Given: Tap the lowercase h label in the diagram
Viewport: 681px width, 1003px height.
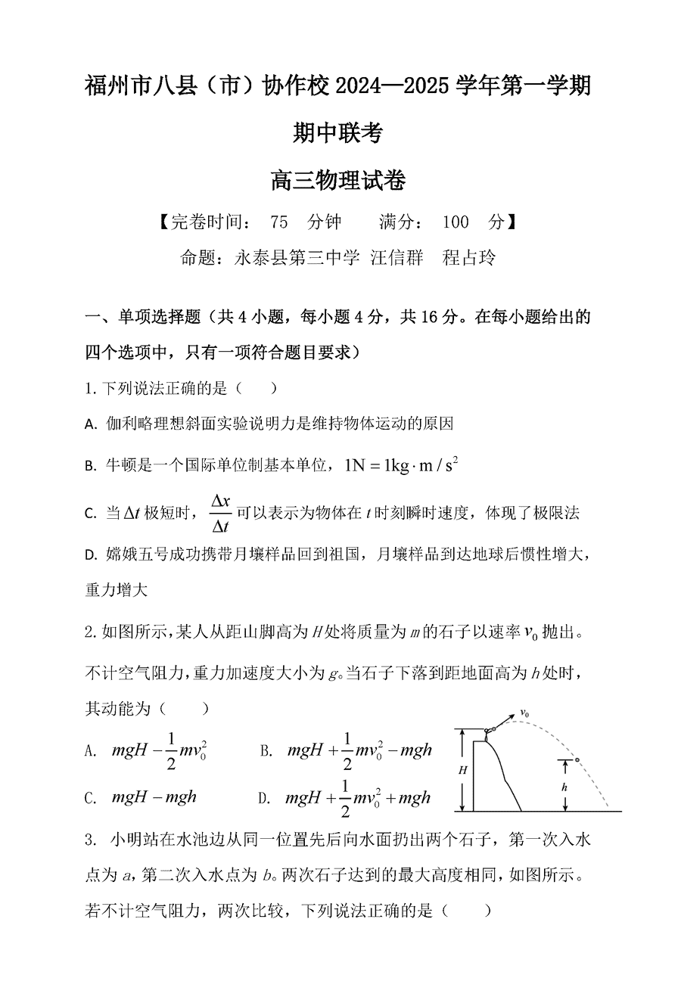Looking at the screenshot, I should click(x=564, y=787).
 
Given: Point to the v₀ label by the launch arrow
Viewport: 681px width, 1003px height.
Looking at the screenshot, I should click(x=524, y=713).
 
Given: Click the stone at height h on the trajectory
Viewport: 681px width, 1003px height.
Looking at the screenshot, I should click(x=577, y=759).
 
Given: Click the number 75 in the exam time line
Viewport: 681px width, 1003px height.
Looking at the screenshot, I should click(x=279, y=222).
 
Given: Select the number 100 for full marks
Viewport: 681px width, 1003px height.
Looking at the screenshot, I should click(x=456, y=222).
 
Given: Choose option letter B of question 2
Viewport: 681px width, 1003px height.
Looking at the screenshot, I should click(x=266, y=750).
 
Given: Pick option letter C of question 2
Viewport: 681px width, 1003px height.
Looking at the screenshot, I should click(x=90, y=798).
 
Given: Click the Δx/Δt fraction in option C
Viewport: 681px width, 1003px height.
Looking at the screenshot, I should click(x=220, y=514).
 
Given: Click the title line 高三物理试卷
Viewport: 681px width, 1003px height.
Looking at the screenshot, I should click(x=338, y=182).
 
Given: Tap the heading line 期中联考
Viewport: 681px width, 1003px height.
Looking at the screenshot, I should click(x=338, y=133).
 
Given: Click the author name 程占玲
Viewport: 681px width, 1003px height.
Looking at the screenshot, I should click(x=469, y=257).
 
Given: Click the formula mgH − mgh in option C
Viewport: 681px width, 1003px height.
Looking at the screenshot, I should click(x=154, y=796).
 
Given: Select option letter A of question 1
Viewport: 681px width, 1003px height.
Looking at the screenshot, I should click(x=90, y=425).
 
